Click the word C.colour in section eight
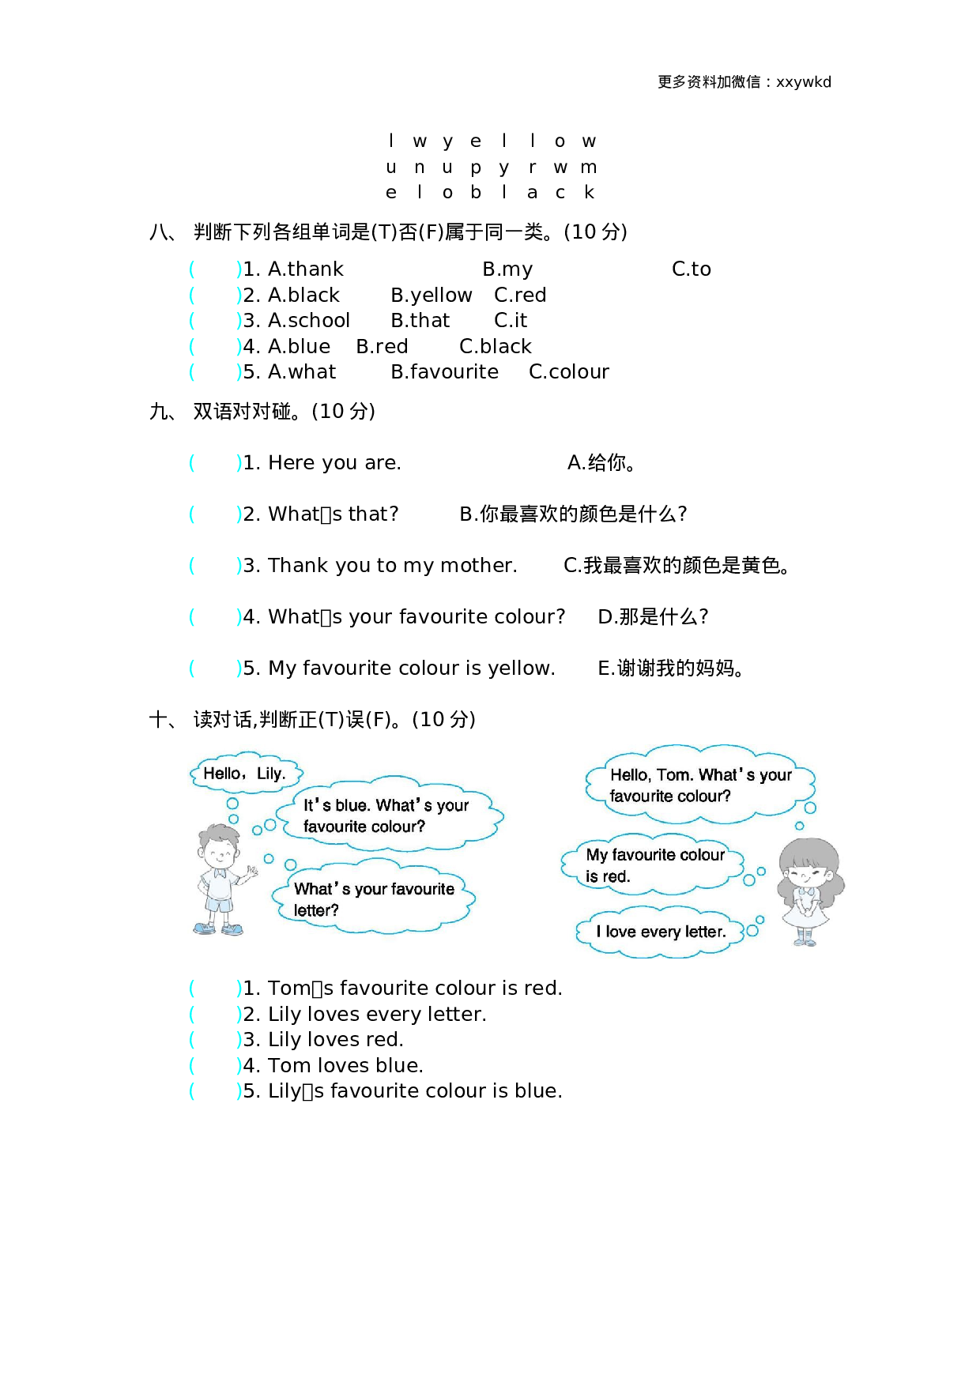point(568,372)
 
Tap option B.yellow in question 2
point(431,296)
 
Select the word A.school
point(308,321)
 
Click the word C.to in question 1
point(691,269)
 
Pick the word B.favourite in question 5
point(444,372)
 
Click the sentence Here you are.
point(334,463)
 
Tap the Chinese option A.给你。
point(601,463)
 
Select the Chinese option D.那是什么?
point(653,617)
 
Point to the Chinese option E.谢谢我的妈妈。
point(670,669)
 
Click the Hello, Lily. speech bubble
point(244,774)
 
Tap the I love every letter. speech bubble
point(661,932)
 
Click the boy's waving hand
point(251,873)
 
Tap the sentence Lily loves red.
point(335,1040)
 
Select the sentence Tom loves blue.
point(345,1066)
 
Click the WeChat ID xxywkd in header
point(803,82)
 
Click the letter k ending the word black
point(589,192)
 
